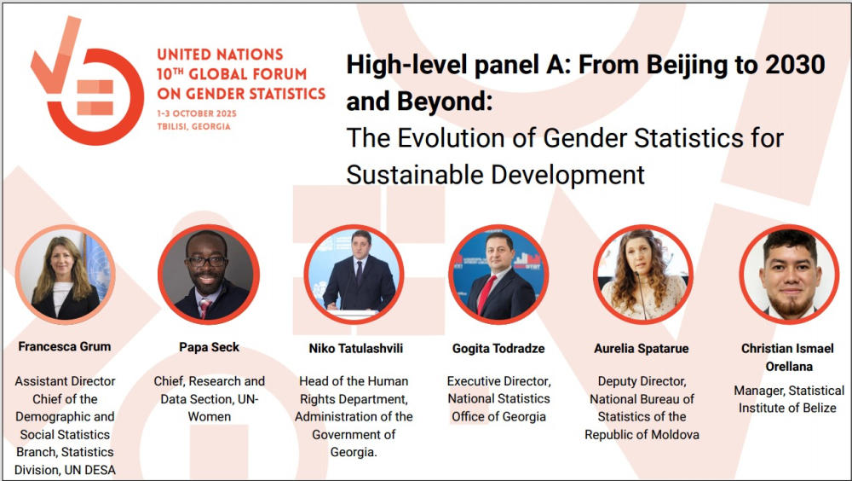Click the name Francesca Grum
click(x=65, y=346)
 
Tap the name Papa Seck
click(x=210, y=347)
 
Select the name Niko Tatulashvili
click(x=356, y=348)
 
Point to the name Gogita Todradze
click(x=498, y=348)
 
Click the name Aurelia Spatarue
click(x=642, y=348)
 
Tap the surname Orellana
click(x=789, y=367)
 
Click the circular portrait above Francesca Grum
click(x=66, y=275)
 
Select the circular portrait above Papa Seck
click(x=209, y=275)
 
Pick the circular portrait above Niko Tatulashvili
click(x=354, y=275)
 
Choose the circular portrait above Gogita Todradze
click(x=498, y=275)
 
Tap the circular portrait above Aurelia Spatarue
click(x=642, y=275)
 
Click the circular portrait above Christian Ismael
click(x=788, y=275)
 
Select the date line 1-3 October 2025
click(x=197, y=113)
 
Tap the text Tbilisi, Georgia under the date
click(x=194, y=126)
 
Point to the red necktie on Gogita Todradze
click(x=486, y=294)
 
